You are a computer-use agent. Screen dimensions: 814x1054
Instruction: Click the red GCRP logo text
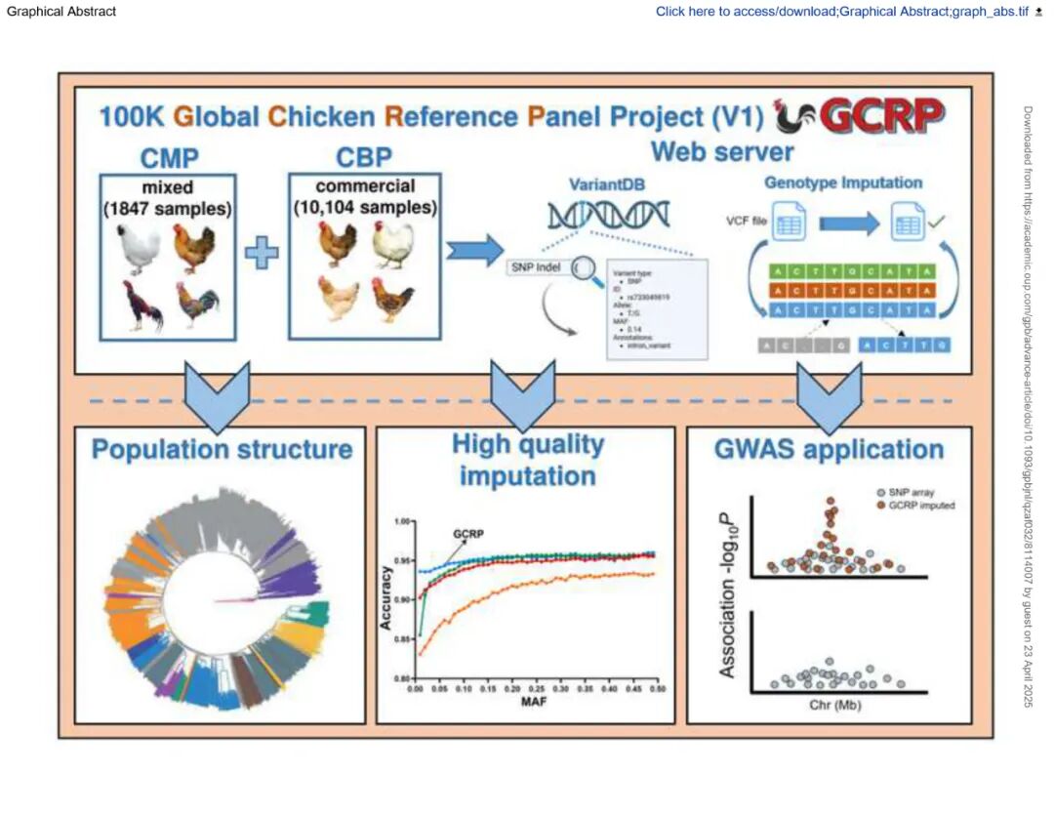(883, 116)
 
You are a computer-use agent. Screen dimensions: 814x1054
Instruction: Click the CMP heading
(168, 157)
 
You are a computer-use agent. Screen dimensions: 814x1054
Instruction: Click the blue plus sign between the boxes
(262, 256)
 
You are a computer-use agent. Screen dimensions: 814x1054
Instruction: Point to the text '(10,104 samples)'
(366, 207)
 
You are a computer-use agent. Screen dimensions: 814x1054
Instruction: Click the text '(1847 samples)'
(168, 207)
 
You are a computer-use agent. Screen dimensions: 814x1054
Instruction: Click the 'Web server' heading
(721, 152)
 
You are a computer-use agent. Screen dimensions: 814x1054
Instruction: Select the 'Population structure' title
(222, 450)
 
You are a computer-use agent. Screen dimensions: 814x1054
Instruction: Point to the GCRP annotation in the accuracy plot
(469, 535)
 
